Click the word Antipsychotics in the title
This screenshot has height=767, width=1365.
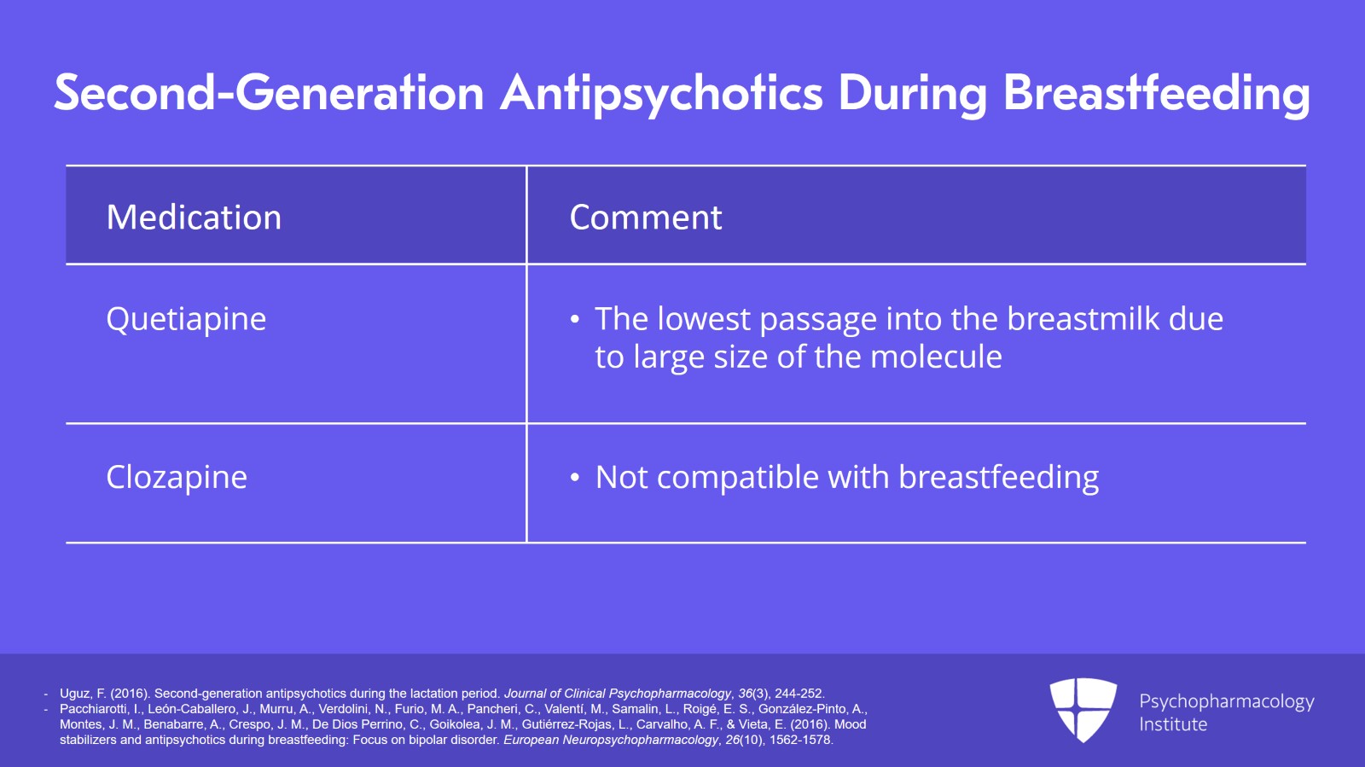[x=661, y=94]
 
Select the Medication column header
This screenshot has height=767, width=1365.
[x=194, y=217]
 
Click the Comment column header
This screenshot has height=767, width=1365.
[x=645, y=218]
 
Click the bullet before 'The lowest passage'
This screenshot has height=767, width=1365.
[x=575, y=320]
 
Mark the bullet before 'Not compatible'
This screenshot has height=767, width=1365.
[x=575, y=479]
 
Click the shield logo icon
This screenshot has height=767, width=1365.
[x=1083, y=709]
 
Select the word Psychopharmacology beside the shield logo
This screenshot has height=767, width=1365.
[x=1227, y=702]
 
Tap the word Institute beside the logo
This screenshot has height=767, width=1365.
[x=1173, y=724]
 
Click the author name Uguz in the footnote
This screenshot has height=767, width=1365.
[x=76, y=694]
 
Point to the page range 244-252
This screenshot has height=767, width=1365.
[x=799, y=694]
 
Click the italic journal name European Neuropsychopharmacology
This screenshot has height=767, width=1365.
[x=610, y=741]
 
